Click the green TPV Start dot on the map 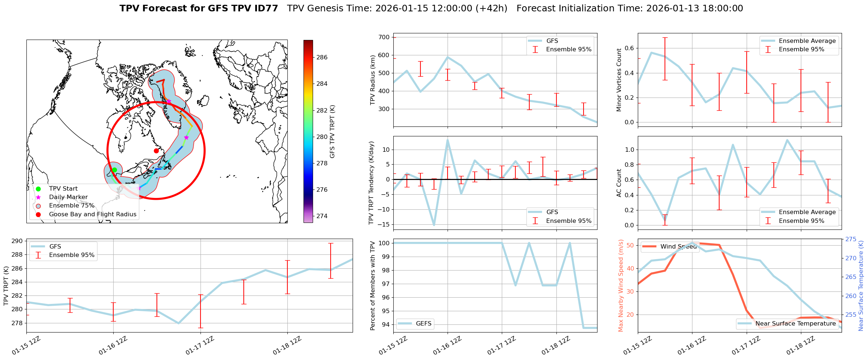click(x=114, y=170)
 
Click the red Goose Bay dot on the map click(x=156, y=151)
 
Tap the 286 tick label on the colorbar click(x=322, y=57)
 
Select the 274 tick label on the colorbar click(x=322, y=216)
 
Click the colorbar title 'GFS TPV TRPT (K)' click(x=332, y=132)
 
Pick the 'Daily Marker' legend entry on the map click(x=68, y=197)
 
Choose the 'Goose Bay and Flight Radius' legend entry click(x=92, y=214)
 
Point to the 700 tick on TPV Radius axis click(x=384, y=37)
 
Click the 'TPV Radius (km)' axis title click(x=373, y=80)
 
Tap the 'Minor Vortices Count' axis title click(x=619, y=80)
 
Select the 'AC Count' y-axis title click(x=619, y=183)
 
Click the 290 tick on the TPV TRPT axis click(x=17, y=241)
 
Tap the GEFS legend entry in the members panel click(x=423, y=323)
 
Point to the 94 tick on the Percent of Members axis click(x=385, y=324)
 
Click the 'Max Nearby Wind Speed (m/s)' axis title click(x=621, y=286)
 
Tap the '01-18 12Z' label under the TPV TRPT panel click(x=287, y=346)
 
